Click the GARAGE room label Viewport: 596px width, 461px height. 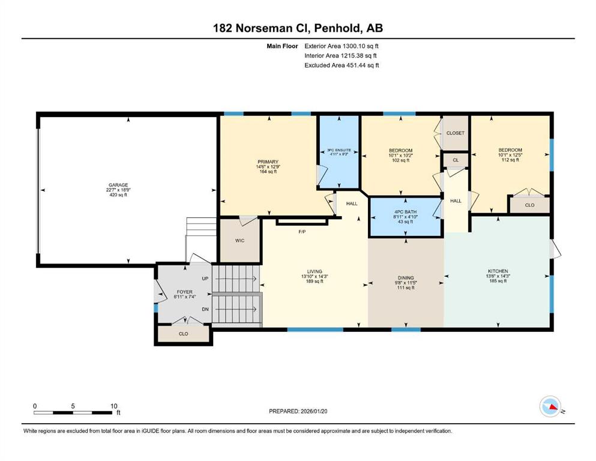click(x=118, y=185)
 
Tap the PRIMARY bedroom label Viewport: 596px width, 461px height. click(x=268, y=162)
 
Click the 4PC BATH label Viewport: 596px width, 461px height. click(x=405, y=212)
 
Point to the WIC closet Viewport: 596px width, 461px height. click(x=239, y=241)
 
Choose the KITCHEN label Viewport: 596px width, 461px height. click(x=498, y=271)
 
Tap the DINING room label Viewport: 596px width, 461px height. click(x=406, y=278)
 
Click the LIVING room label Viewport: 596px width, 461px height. click(x=315, y=272)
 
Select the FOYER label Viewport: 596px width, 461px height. click(x=185, y=292)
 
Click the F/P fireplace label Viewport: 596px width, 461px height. click(x=302, y=232)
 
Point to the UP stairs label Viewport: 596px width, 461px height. click(x=205, y=279)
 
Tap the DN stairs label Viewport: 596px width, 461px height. click(x=205, y=309)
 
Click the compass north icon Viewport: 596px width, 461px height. click(x=550, y=406)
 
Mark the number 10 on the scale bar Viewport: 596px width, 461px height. click(x=113, y=406)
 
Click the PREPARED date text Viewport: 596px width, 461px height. click(x=298, y=411)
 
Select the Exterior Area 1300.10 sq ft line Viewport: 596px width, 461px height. click(x=342, y=46)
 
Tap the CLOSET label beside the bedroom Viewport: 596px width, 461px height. click(x=456, y=133)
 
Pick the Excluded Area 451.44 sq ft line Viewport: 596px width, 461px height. click(x=342, y=65)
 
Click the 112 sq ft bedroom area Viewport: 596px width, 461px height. click(x=510, y=160)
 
